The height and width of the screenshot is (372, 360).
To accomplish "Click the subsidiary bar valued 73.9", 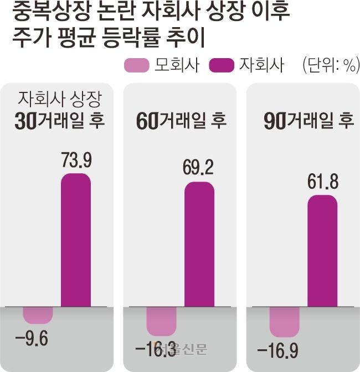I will pyautogui.click(x=75, y=240).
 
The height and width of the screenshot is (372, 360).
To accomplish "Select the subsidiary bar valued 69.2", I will pyautogui.click(x=199, y=244).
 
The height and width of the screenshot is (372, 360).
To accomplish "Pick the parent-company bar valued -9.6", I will pyautogui.click(x=38, y=314).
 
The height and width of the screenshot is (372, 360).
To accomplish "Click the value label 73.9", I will pyautogui.click(x=76, y=161).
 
